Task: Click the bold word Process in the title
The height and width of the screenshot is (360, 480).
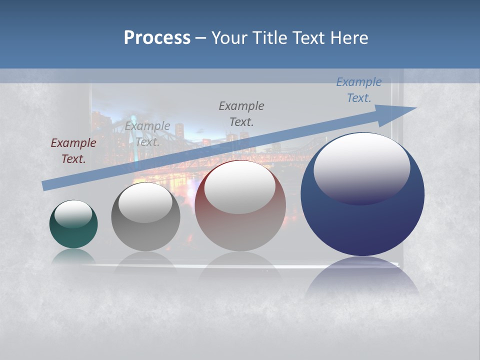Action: tap(157, 38)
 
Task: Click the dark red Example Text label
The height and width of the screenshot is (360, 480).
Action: tap(73, 151)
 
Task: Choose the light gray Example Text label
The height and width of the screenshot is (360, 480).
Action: tap(147, 133)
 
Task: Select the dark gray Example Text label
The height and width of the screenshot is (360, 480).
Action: tap(241, 113)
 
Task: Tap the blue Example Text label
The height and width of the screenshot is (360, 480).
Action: tap(359, 90)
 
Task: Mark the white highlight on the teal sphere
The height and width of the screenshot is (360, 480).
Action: tap(73, 213)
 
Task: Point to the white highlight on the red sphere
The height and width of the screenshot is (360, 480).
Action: tap(239, 186)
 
